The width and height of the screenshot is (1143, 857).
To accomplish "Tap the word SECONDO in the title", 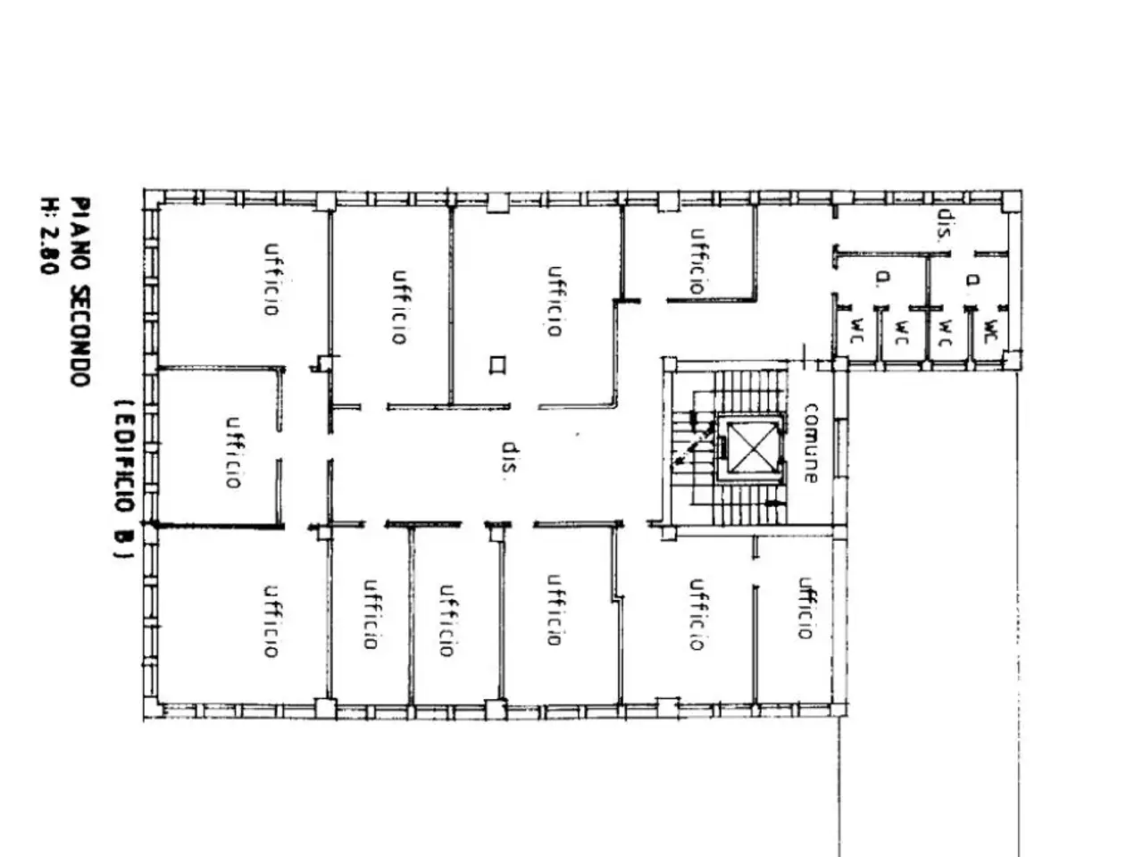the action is (x=80, y=336).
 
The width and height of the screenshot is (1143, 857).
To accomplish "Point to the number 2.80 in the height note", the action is (x=48, y=252).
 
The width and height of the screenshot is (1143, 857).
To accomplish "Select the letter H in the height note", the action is (x=48, y=204).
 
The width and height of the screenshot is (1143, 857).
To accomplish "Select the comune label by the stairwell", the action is (x=810, y=443).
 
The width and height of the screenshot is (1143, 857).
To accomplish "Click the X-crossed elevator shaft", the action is (x=750, y=447).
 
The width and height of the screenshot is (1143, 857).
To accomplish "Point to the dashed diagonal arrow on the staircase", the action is (x=693, y=444).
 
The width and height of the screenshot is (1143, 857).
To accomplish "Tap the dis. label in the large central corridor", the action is (x=509, y=457).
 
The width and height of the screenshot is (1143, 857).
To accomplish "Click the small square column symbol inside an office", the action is (x=497, y=364).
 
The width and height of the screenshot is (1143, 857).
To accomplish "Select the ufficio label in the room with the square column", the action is (x=555, y=301).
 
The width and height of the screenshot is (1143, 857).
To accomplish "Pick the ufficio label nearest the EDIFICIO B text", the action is (x=234, y=453).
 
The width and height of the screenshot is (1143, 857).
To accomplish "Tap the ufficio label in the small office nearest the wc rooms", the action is (x=697, y=262).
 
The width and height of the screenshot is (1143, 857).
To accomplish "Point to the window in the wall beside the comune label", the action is (x=839, y=448).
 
